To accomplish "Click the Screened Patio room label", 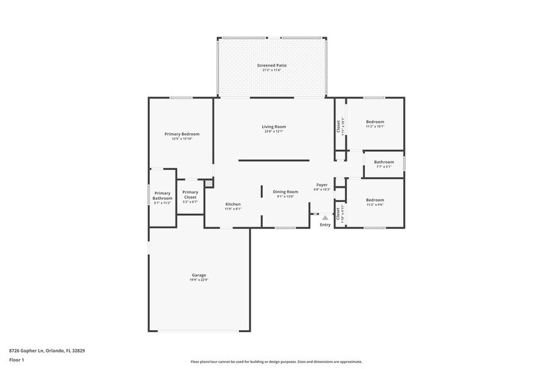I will (272, 65).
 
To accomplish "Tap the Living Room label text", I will (274, 127).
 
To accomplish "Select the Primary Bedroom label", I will (182, 134).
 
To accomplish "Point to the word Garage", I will (199, 275).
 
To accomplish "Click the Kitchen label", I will (233, 204).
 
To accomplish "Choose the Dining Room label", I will (285, 191).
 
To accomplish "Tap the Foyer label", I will (322, 184).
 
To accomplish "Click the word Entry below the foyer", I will (325, 225).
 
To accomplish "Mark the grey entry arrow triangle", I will (325, 217).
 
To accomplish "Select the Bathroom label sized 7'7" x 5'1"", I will (384, 162).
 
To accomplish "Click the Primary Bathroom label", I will (162, 196).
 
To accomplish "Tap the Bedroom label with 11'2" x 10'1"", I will (375, 122).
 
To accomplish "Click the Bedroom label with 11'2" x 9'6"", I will (375, 200).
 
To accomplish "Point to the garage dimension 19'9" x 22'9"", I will (199, 280).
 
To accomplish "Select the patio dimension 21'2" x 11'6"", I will (272, 70).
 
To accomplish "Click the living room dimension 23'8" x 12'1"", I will (274, 132).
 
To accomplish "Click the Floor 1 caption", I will (16, 360).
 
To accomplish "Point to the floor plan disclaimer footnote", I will (276, 362).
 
